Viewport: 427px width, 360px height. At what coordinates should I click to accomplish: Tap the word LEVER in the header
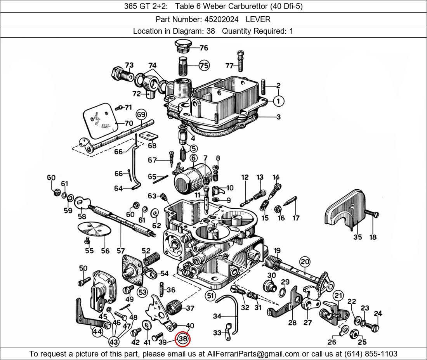258,19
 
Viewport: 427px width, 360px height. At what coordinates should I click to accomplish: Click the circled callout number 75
203,66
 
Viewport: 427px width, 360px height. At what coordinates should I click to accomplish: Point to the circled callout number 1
278,101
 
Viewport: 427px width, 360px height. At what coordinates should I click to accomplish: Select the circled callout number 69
141,114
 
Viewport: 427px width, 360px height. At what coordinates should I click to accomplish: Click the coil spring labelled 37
173,307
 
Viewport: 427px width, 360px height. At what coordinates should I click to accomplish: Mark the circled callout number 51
210,296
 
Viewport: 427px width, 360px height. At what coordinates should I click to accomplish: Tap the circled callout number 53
142,292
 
